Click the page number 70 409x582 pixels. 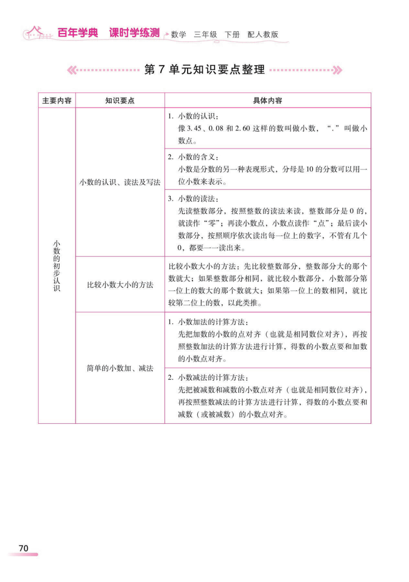coord(23,548)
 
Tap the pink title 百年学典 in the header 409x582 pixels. coord(78,33)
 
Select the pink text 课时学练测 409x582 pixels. coord(134,33)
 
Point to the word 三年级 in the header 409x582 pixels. coord(205,34)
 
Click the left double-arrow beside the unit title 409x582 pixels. coord(72,70)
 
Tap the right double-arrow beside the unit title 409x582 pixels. coord(337,70)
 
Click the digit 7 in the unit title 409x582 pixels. coord(162,70)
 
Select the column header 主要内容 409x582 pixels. coord(57,101)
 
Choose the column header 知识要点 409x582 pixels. coord(120,101)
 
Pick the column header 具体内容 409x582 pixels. coord(267,101)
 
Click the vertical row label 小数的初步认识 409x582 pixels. coord(57,266)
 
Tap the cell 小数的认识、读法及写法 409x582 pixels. coord(120,182)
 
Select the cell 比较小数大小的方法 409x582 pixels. coord(120,285)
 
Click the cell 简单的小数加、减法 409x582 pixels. coord(120,368)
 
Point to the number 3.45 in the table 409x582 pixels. coord(194,129)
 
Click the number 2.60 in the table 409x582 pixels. coord(243,129)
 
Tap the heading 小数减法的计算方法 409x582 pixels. coord(213,378)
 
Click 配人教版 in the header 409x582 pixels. coord(263,34)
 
